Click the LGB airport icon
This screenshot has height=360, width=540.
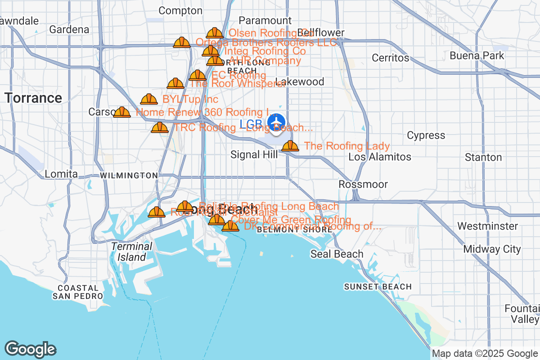[x=276, y=121]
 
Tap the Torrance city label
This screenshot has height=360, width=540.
[x=33, y=98]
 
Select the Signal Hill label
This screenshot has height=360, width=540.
[x=251, y=154]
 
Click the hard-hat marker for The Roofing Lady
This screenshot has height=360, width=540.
[x=290, y=146]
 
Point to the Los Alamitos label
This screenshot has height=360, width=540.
[x=380, y=157]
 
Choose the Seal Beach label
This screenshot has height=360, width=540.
[x=337, y=254]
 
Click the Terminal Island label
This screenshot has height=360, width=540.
[x=132, y=252]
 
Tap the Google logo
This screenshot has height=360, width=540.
[x=30, y=349]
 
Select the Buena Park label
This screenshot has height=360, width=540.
[x=477, y=56]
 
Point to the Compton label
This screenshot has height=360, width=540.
[x=180, y=10]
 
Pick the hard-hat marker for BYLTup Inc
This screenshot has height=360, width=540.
[x=149, y=99]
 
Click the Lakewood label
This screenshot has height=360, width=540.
[x=299, y=82]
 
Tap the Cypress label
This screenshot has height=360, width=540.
[x=426, y=135]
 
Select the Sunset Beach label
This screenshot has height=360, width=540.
[x=378, y=287]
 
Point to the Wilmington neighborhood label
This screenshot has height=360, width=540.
[x=129, y=175]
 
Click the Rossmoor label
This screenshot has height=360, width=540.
[x=363, y=184]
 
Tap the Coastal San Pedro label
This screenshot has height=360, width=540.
[x=77, y=292]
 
